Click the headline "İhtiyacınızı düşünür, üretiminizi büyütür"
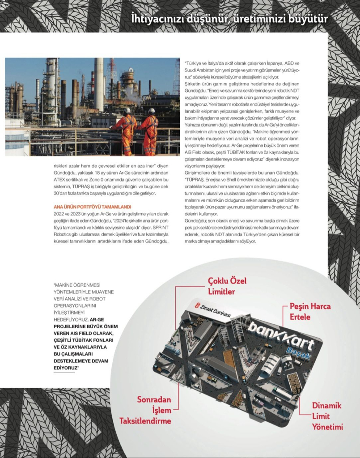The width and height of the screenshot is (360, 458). (x=230, y=19)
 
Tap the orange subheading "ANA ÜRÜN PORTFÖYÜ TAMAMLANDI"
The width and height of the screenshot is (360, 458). (x=92, y=207)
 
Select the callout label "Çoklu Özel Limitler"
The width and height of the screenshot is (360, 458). (x=227, y=286)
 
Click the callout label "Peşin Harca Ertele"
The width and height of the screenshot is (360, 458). (x=310, y=312)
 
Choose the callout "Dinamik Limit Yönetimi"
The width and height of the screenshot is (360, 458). (x=326, y=416)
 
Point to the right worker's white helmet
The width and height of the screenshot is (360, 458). (x=152, y=110)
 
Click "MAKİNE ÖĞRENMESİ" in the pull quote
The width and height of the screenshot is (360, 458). (x=77, y=285)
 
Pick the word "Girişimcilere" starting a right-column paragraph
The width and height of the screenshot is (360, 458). (x=199, y=173)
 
